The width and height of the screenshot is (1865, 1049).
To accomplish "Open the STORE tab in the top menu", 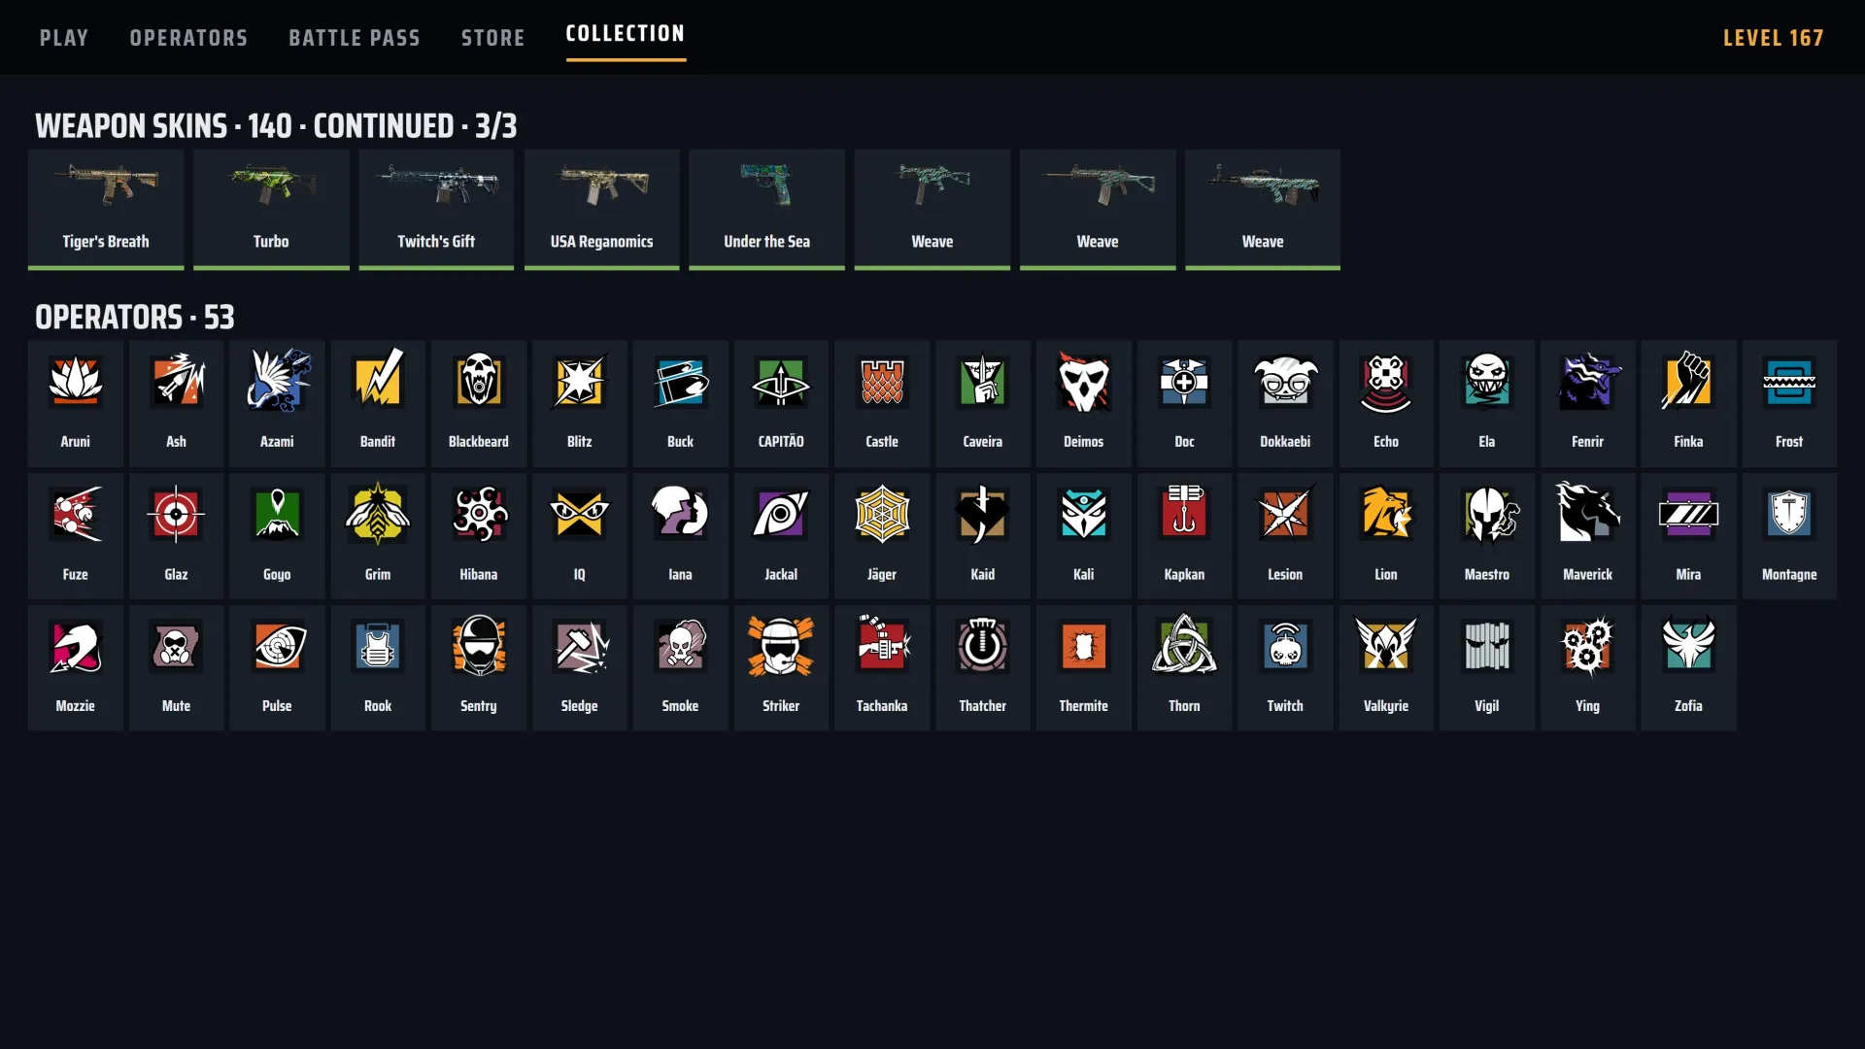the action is pos(492,38).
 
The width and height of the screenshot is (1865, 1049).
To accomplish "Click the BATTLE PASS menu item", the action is pos(355,38).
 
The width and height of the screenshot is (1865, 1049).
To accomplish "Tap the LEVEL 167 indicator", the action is pos(1773,38).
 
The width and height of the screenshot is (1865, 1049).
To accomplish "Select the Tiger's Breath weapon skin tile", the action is pos(106,209).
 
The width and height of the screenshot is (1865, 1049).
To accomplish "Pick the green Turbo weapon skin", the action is pos(271,209).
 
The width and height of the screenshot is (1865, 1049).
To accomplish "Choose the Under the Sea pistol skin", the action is pos(766,209).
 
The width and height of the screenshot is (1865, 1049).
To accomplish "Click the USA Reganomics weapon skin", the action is pos(601,209).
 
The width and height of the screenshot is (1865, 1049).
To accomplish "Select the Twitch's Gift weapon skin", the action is pos(436,209).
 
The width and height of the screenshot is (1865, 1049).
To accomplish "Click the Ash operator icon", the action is pos(176,381).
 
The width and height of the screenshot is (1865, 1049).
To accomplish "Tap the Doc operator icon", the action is pos(1184,381).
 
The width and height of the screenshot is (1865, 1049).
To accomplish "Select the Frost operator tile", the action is pos(1789,403).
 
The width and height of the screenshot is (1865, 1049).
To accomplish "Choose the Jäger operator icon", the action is pos(882,513).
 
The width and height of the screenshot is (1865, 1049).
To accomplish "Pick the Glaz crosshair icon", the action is pos(176,513).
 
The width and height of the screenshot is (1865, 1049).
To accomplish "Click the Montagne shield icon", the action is pos(1789,513).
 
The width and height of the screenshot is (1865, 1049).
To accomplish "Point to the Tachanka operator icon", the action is pos(882,645).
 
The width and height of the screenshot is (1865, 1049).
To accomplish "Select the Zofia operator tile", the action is pos(1688,667).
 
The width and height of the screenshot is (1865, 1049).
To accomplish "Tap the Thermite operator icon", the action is pos(1083,645).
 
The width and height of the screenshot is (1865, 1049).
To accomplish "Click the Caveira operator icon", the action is pos(982,381).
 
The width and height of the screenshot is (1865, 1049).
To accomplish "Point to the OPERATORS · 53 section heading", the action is pos(135,318).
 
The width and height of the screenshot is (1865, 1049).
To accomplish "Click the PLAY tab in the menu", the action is pos(64,38).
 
